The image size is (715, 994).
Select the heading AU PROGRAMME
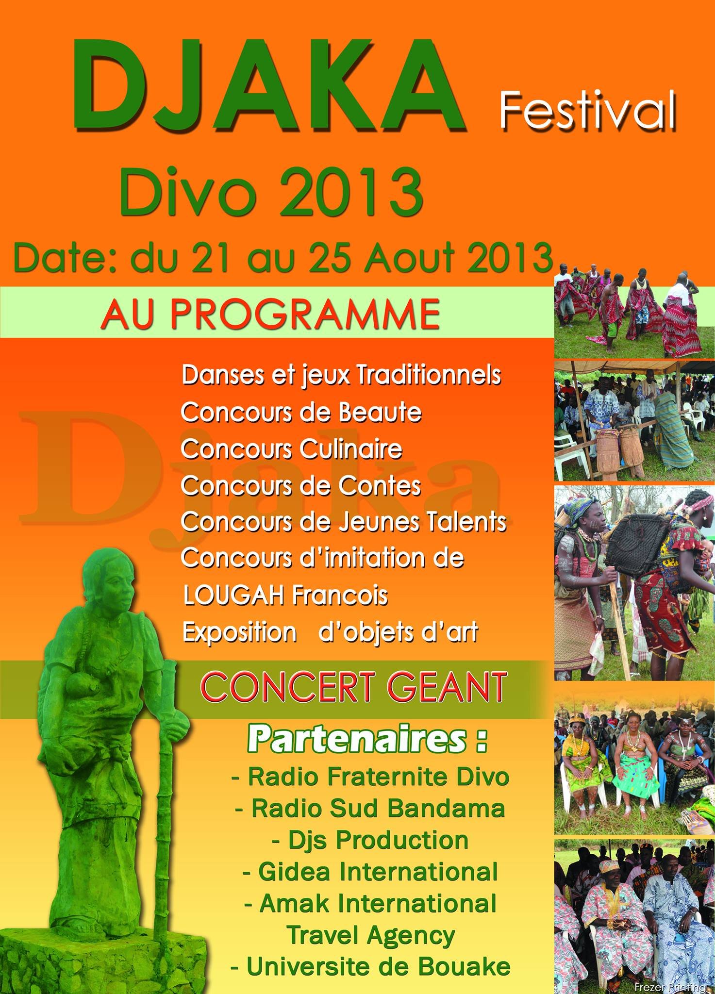pos(270,315)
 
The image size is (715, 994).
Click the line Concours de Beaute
pos(301,413)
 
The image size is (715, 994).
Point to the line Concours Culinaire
pos(291,449)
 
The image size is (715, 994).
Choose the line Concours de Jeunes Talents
pos(344,522)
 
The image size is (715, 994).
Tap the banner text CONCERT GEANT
pos(353,687)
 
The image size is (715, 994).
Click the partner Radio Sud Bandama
pos(370,809)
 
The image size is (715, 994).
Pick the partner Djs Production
pos(370,840)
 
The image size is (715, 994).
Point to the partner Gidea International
pos(370,872)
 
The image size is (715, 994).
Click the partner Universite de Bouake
pos(370,967)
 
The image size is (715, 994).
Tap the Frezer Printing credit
pos(670,988)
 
